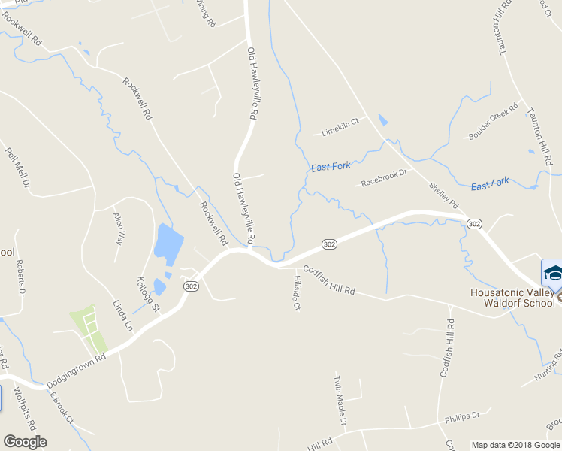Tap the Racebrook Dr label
click(383, 177)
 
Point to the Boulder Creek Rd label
click(494, 121)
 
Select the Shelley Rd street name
click(443, 194)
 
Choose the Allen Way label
click(118, 229)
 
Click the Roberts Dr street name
click(20, 276)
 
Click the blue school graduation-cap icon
click(552, 271)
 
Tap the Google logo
click(25, 442)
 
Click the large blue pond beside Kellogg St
click(168, 242)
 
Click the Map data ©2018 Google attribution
click(515, 445)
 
